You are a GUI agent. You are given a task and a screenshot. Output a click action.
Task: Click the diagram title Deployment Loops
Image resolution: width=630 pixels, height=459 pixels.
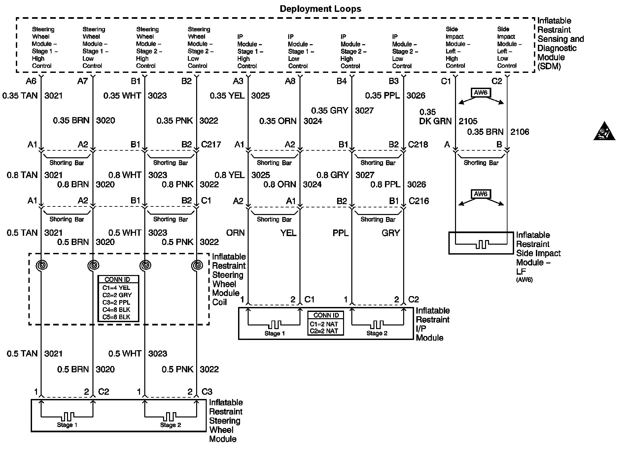[320, 9]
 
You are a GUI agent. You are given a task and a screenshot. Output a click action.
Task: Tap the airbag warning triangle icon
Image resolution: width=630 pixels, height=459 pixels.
[604, 132]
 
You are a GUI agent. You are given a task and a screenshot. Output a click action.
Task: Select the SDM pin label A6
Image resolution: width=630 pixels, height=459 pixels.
[31, 81]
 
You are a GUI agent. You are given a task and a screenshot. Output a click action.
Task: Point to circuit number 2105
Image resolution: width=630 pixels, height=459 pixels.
[468, 121]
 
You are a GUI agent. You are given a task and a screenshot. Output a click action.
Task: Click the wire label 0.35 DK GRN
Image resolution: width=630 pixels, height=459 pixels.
[435, 117]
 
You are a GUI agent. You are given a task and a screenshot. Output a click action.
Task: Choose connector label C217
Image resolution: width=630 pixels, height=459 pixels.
[211, 144]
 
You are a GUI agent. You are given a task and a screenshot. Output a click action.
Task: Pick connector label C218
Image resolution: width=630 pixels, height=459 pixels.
[418, 144]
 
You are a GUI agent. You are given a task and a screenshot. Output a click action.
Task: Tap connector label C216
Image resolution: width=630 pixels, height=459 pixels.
[419, 201]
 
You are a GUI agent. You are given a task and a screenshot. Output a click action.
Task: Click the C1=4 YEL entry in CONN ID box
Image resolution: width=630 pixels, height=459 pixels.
[116, 288]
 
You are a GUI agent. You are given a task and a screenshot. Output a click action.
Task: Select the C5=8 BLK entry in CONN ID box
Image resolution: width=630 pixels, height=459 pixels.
[116, 317]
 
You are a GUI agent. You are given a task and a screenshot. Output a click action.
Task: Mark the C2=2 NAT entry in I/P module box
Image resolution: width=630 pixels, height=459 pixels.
[324, 331]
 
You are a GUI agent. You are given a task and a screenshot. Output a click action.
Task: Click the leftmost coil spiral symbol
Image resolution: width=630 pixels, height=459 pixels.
[42, 265]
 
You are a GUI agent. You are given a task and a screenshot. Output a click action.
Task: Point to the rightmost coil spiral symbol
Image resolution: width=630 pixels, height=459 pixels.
[197, 265]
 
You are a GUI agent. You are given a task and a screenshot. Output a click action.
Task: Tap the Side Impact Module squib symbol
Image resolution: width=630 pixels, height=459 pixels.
[481, 244]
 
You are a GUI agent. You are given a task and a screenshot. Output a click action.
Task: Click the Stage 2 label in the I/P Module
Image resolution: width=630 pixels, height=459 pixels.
[377, 333]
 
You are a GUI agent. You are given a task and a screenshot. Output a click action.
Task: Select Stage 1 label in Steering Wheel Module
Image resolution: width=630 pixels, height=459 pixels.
[67, 425]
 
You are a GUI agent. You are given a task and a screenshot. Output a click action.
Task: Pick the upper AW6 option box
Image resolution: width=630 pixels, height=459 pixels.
[481, 93]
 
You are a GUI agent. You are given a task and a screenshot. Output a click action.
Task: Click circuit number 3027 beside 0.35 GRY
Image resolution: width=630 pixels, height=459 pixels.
[364, 110]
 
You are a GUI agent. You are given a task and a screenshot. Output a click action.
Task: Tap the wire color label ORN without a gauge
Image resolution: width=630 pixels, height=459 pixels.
[235, 233]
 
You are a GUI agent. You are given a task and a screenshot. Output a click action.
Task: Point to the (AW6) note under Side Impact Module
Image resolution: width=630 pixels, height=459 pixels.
[524, 280]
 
